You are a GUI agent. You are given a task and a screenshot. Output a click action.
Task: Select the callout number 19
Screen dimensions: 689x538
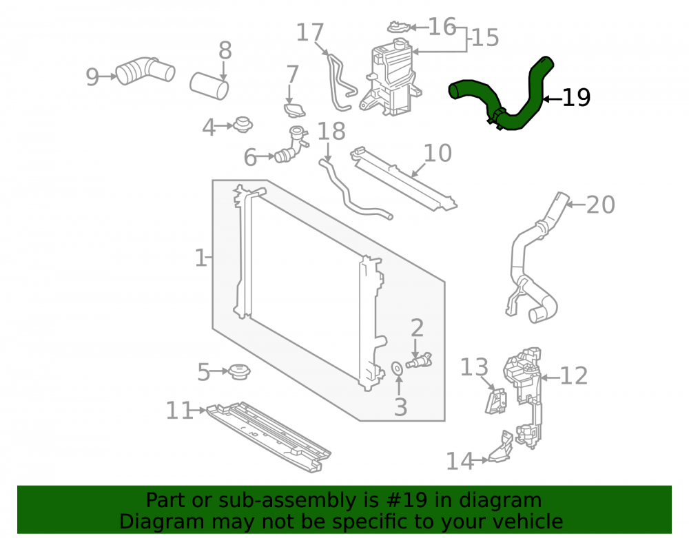pyautogui.click(x=576, y=98)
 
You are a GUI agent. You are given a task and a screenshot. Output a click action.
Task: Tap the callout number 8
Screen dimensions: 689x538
pyautogui.click(x=225, y=50)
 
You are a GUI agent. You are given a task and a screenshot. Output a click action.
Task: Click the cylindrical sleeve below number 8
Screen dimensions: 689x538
pyautogui.click(x=209, y=87)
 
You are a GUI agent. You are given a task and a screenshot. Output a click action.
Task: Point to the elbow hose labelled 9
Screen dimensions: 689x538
pyautogui.click(x=145, y=70)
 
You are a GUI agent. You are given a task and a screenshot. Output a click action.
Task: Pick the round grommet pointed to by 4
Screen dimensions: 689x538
pyautogui.click(x=242, y=125)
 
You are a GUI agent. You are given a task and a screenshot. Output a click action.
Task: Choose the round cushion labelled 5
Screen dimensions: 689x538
pyautogui.click(x=239, y=371)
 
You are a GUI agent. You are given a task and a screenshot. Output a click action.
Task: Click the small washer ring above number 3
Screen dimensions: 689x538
pyautogui.click(x=398, y=369)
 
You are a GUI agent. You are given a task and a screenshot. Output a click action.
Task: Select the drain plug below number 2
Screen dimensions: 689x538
pyautogui.click(x=419, y=360)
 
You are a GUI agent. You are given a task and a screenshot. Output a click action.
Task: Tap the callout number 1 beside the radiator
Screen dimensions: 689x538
pyautogui.click(x=200, y=258)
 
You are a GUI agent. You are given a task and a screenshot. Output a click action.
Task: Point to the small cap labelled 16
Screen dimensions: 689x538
pyautogui.click(x=398, y=27)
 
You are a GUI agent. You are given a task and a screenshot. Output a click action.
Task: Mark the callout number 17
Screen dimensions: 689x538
pyautogui.click(x=310, y=32)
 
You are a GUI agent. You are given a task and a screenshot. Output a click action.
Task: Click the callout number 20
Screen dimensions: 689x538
pyautogui.click(x=601, y=205)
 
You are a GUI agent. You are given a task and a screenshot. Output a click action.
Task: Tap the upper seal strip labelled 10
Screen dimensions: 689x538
pyautogui.click(x=403, y=178)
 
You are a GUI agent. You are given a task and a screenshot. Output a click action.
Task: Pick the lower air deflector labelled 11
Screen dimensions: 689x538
pyautogui.click(x=269, y=437)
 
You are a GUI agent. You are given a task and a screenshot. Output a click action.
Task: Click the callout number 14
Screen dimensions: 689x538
pyautogui.click(x=460, y=461)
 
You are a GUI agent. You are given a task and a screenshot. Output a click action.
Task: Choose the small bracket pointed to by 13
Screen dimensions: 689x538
pyautogui.click(x=495, y=400)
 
